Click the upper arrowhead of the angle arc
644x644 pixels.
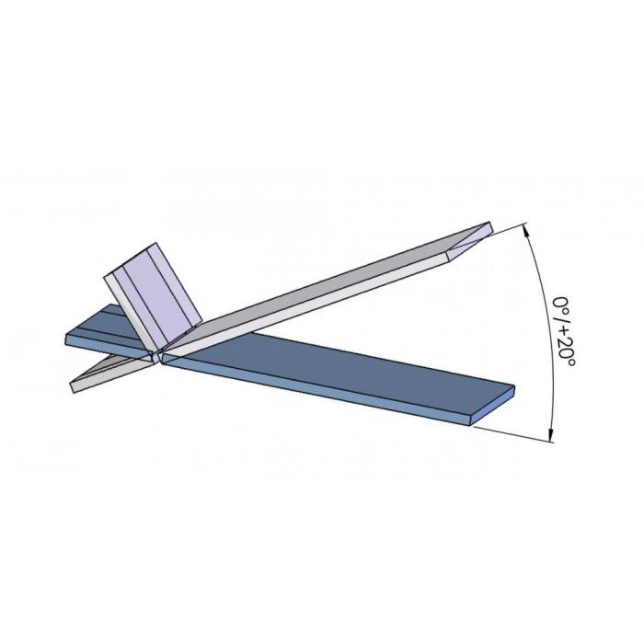527,233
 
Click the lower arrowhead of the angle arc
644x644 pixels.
551,433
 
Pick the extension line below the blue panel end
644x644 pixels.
513,434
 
